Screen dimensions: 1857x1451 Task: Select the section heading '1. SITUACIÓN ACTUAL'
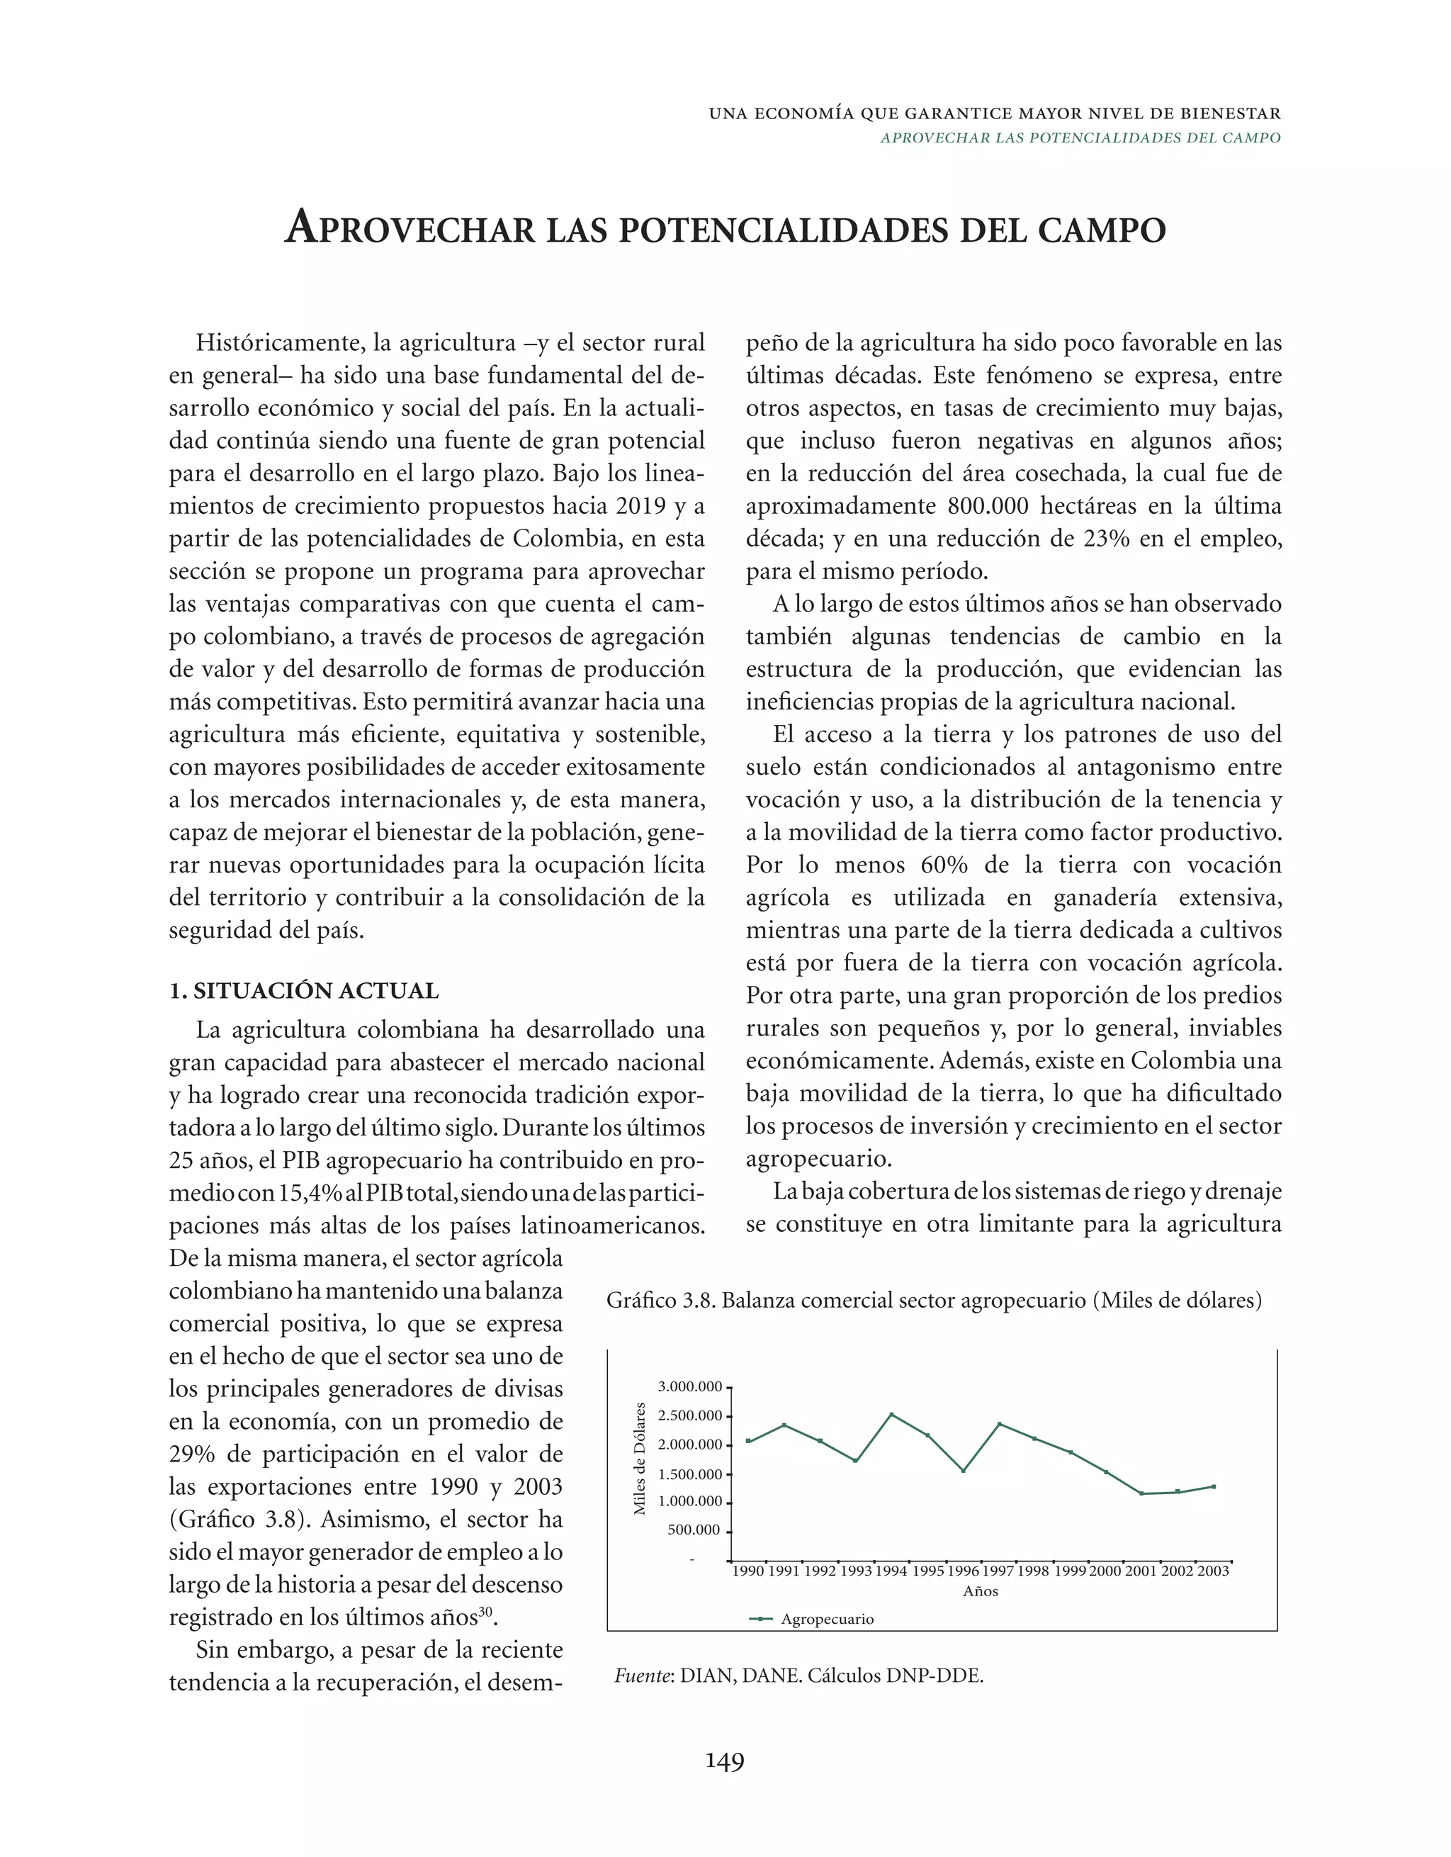coord(303,991)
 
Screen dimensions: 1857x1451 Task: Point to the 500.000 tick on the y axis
coord(695,1530)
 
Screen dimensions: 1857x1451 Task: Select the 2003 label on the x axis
coord(1213,1571)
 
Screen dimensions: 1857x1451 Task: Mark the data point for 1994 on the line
coord(892,1414)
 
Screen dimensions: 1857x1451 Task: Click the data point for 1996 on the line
coord(963,1471)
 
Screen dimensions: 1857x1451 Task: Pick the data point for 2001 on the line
coord(1141,1494)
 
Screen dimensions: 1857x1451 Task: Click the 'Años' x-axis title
coord(980,1591)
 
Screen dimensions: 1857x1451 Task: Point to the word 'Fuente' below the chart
coord(643,1676)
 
